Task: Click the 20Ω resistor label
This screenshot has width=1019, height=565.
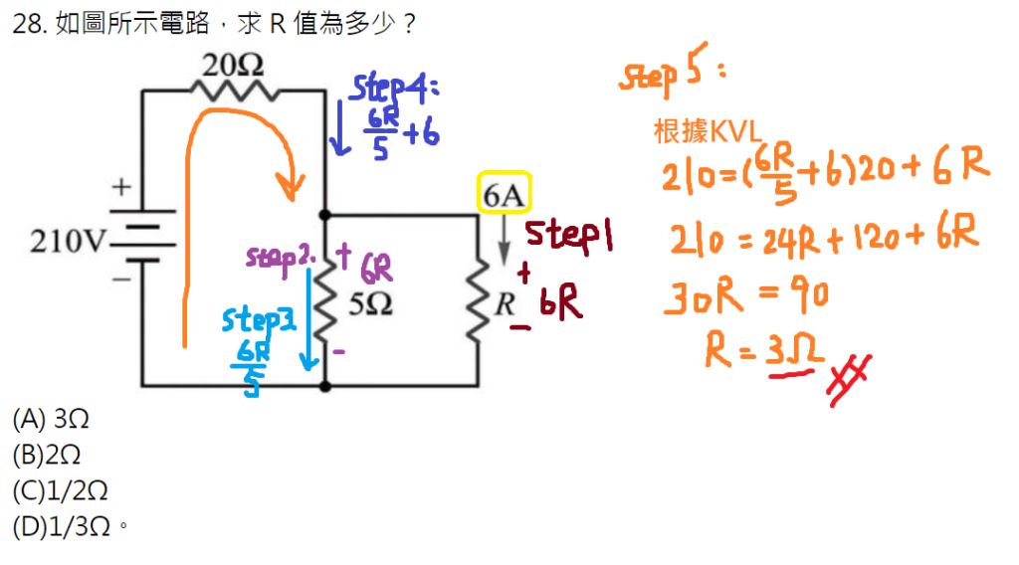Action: (x=233, y=67)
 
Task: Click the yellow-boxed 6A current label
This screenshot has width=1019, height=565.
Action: (x=504, y=196)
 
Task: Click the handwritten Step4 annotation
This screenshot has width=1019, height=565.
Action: (x=394, y=89)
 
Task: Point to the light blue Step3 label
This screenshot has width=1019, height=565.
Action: (x=258, y=320)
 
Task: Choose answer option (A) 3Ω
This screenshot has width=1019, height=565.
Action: (x=51, y=419)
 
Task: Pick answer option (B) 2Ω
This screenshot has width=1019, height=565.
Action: (x=47, y=455)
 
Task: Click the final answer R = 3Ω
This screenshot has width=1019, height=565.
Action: (x=764, y=350)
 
